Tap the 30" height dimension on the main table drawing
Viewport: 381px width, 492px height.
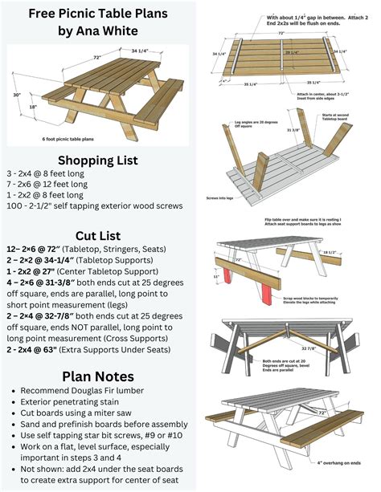[15, 95]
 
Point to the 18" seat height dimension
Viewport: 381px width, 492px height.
[32, 107]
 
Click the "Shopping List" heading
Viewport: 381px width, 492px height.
[101, 159]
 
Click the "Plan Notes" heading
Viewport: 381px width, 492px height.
[101, 376]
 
